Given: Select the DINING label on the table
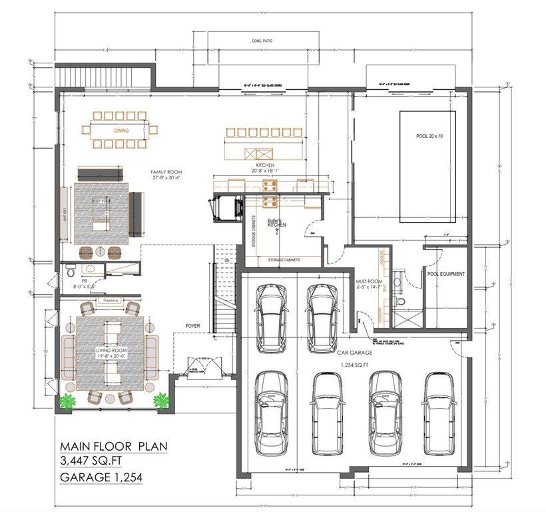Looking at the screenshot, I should [x=121, y=131].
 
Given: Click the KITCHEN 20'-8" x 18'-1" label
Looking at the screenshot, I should [x=266, y=168].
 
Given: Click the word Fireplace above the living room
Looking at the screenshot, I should [x=111, y=301].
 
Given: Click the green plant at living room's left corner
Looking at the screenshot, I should [x=67, y=402].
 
